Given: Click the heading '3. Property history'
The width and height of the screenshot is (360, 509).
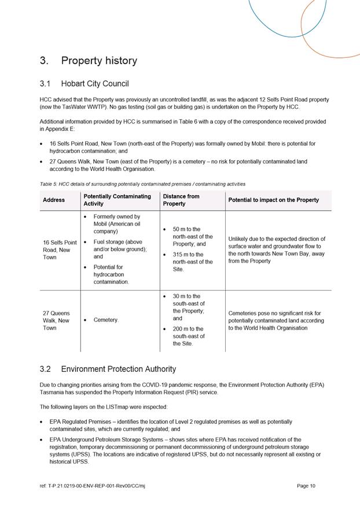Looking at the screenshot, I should [x=88, y=61].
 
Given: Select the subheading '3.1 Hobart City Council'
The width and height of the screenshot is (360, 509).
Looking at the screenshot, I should [x=84, y=84].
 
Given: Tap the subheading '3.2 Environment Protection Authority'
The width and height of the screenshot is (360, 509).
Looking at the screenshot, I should [x=108, y=369].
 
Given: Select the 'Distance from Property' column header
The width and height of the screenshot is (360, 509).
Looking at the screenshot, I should [x=181, y=200].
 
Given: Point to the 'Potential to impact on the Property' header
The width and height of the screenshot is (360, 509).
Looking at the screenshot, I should [x=273, y=200].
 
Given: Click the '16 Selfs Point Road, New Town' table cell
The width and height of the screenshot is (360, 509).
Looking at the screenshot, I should [x=60, y=250].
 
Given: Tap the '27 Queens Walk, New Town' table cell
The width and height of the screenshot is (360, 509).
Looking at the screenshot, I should [x=56, y=320].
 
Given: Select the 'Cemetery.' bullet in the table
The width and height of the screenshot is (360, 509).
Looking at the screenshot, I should [x=105, y=320].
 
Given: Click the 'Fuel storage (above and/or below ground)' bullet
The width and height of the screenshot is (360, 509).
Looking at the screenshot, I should [x=120, y=249].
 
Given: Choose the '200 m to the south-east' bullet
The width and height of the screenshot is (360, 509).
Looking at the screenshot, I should [x=189, y=336].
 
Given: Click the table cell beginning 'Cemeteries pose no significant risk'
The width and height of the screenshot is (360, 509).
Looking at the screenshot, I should [x=276, y=320].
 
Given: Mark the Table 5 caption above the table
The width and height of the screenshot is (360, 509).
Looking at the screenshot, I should [x=142, y=184].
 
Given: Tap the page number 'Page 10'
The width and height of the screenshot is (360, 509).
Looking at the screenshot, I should [x=306, y=486].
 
